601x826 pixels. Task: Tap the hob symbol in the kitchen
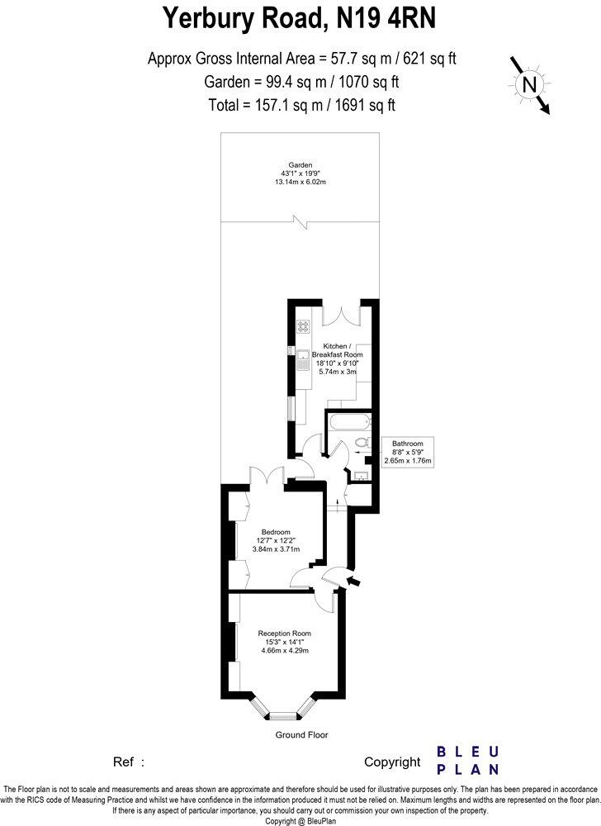[x=303, y=326]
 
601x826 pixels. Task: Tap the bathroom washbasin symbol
[x=361, y=474]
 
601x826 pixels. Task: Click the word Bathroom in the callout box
[x=408, y=444]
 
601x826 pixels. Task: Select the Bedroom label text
[x=275, y=532]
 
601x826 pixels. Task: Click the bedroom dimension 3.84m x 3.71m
[x=275, y=548]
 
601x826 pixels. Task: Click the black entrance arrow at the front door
[x=354, y=583]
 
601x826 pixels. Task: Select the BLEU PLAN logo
[x=467, y=760]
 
